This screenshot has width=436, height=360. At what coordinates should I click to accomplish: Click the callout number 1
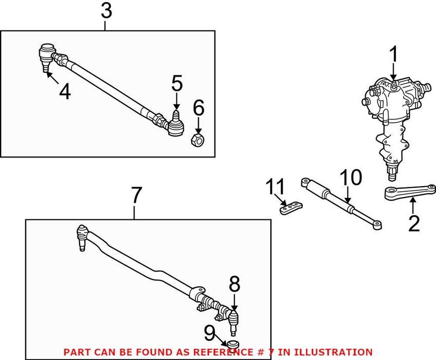coord(394,55)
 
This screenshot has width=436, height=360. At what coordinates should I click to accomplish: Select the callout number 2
coord(413,224)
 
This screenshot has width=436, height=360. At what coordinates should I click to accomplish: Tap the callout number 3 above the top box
coord(106,11)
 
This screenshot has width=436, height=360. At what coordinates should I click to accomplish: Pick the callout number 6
coord(199,108)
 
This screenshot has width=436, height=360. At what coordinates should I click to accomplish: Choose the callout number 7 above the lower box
coord(135,195)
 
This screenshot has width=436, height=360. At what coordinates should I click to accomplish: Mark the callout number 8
coord(234,284)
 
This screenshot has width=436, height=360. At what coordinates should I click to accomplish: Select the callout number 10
coord(351,178)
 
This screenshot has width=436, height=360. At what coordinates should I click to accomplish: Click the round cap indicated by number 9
coord(234,344)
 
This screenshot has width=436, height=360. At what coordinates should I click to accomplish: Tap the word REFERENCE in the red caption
coord(222,352)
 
